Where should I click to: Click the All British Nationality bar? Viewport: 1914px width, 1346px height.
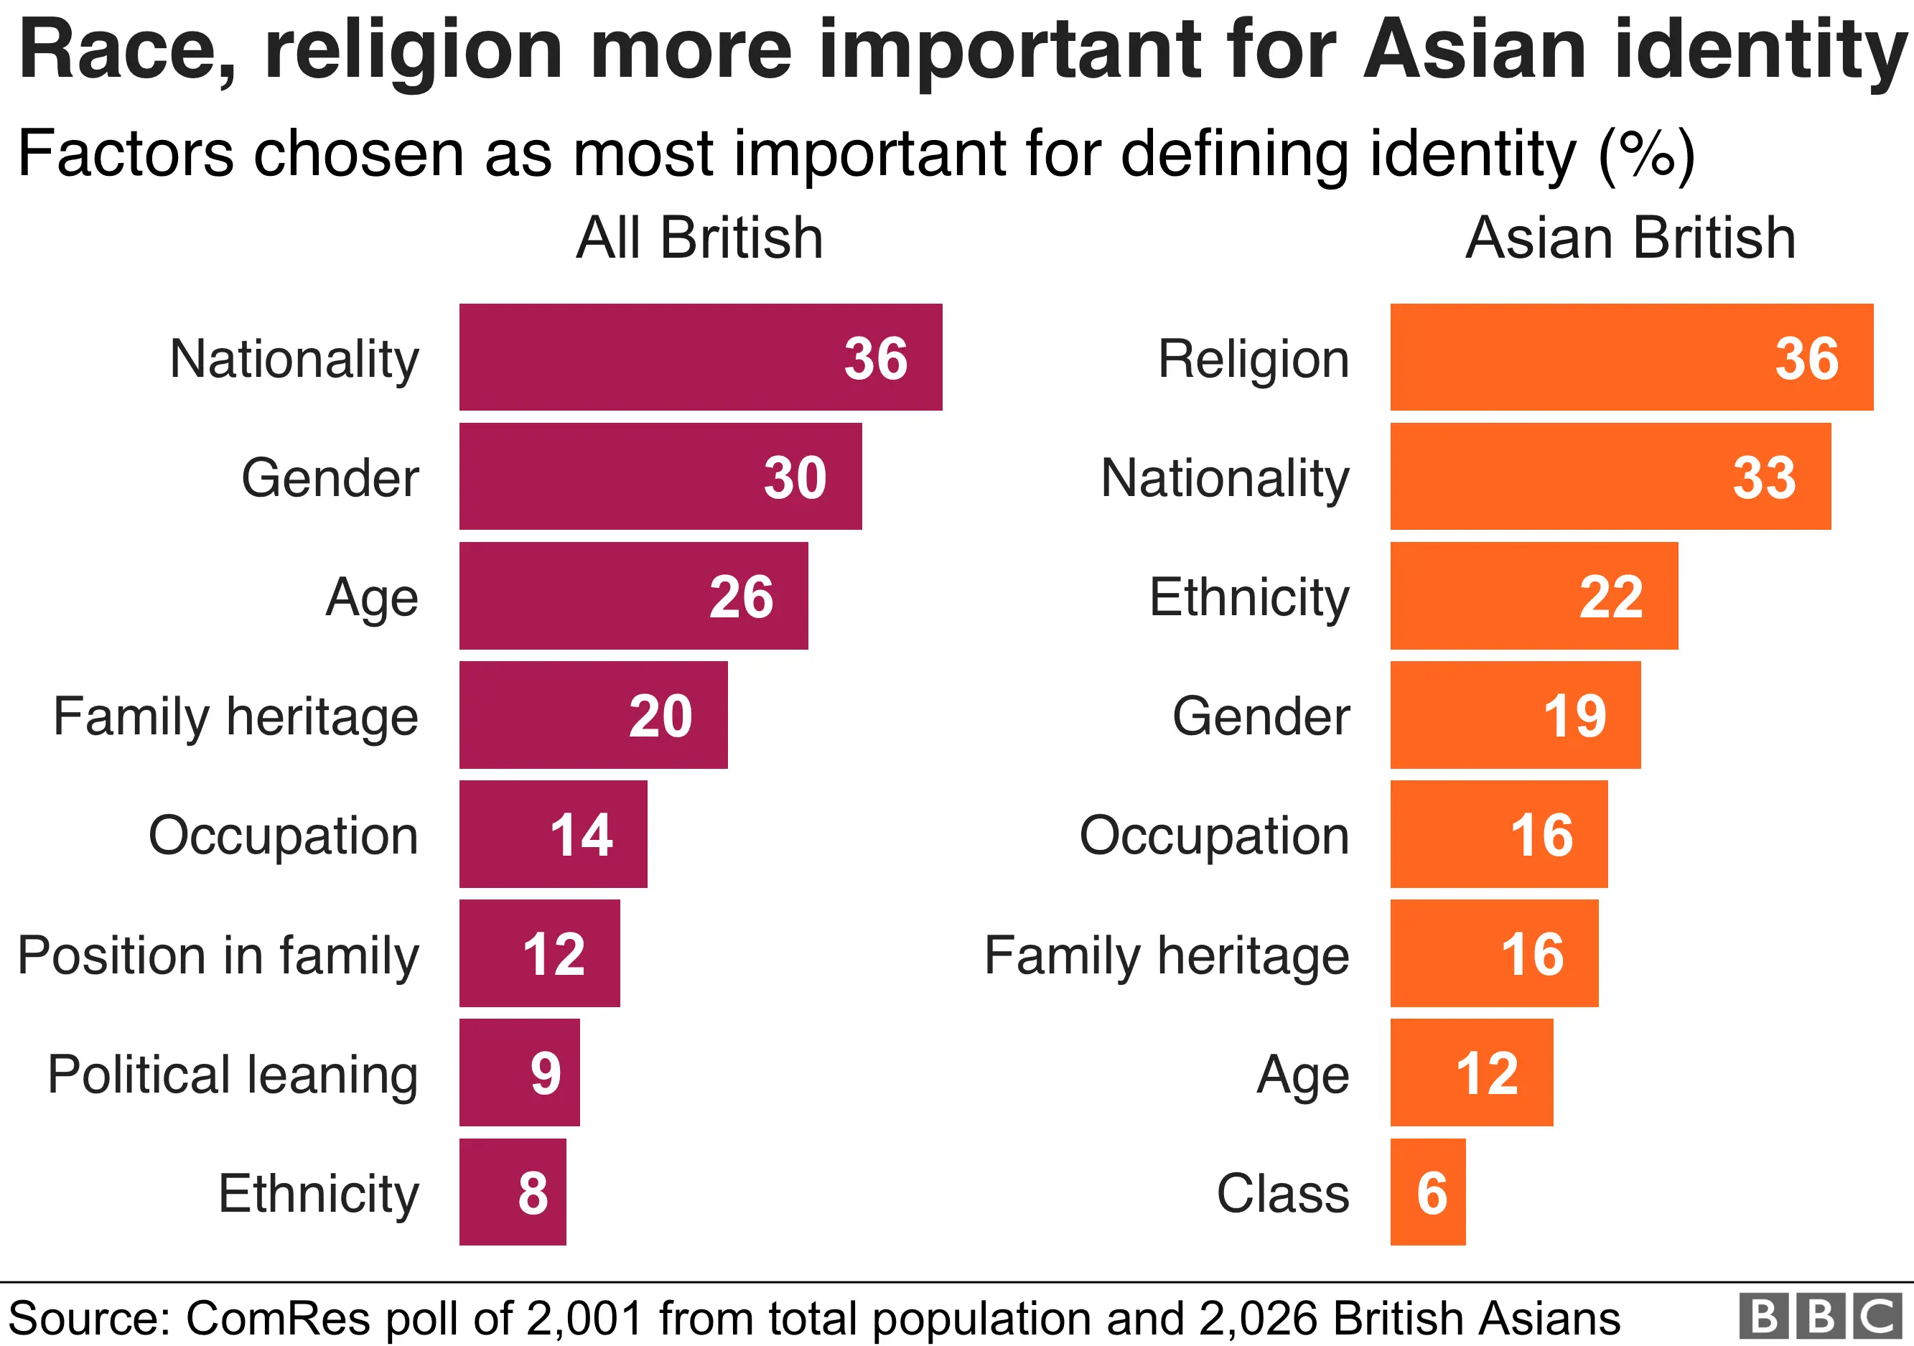(700, 357)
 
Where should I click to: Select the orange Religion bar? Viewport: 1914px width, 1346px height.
(1630, 357)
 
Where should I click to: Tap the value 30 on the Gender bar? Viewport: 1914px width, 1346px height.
(795, 477)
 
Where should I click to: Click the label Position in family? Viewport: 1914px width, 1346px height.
(218, 955)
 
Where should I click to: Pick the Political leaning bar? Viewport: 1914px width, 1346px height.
(518, 1072)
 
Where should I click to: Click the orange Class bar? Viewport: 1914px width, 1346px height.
(1427, 1192)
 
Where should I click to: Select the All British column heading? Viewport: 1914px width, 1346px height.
(699, 238)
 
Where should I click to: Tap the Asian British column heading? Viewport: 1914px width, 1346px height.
(1630, 238)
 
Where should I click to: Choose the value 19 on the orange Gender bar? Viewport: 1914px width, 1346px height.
(1574, 716)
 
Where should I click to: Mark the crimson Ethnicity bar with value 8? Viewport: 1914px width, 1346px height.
(512, 1192)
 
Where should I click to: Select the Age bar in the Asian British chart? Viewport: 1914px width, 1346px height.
(1470, 1072)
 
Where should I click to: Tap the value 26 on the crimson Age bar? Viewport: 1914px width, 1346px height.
(740, 597)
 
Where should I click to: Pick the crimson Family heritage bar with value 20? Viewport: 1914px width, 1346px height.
(593, 715)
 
